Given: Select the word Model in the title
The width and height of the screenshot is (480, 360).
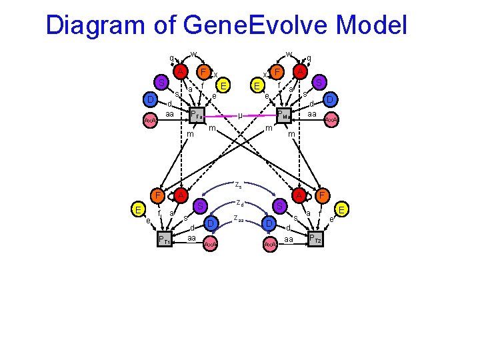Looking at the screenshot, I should (372, 25).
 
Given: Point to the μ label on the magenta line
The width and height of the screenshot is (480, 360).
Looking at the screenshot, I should (240, 115).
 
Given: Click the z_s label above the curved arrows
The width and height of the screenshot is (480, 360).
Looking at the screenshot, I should (238, 184).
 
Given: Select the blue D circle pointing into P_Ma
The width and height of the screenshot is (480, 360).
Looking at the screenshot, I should (329, 100).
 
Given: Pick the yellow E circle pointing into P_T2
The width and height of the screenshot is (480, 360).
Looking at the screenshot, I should (342, 210).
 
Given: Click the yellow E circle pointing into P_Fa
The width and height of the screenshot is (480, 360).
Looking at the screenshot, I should (225, 85).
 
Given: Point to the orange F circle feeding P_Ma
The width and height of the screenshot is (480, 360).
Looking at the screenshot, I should (277, 71).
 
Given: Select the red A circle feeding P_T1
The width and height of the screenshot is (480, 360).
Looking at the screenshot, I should (181, 195).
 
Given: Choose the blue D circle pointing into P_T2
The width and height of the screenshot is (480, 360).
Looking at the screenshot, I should (269, 223).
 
